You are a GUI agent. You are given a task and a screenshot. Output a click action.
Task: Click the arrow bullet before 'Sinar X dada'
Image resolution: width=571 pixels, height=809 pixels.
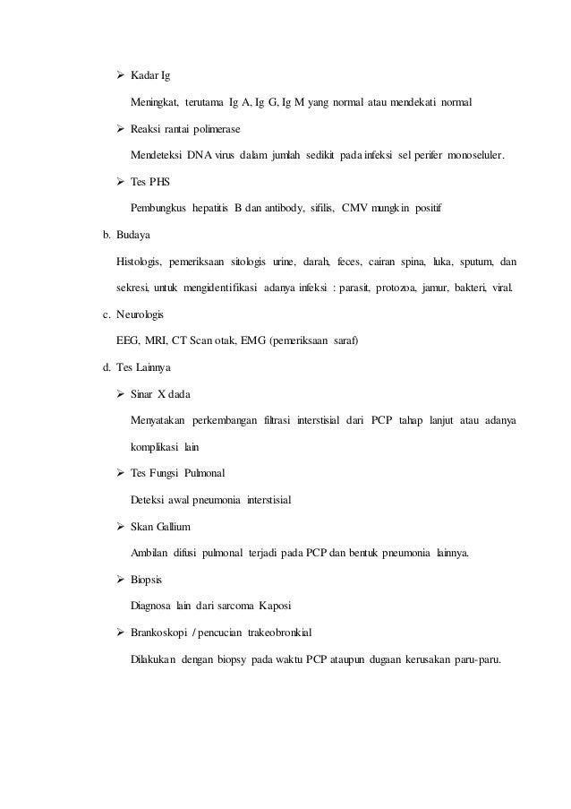tap(121, 394)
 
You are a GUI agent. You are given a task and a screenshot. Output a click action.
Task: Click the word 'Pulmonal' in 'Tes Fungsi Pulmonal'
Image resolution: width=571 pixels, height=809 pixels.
tap(202, 473)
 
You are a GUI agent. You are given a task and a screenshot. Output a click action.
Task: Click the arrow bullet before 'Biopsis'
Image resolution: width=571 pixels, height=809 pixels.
tap(121, 579)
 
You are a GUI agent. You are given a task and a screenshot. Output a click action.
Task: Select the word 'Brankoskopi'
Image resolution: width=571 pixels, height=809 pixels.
tap(160, 632)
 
